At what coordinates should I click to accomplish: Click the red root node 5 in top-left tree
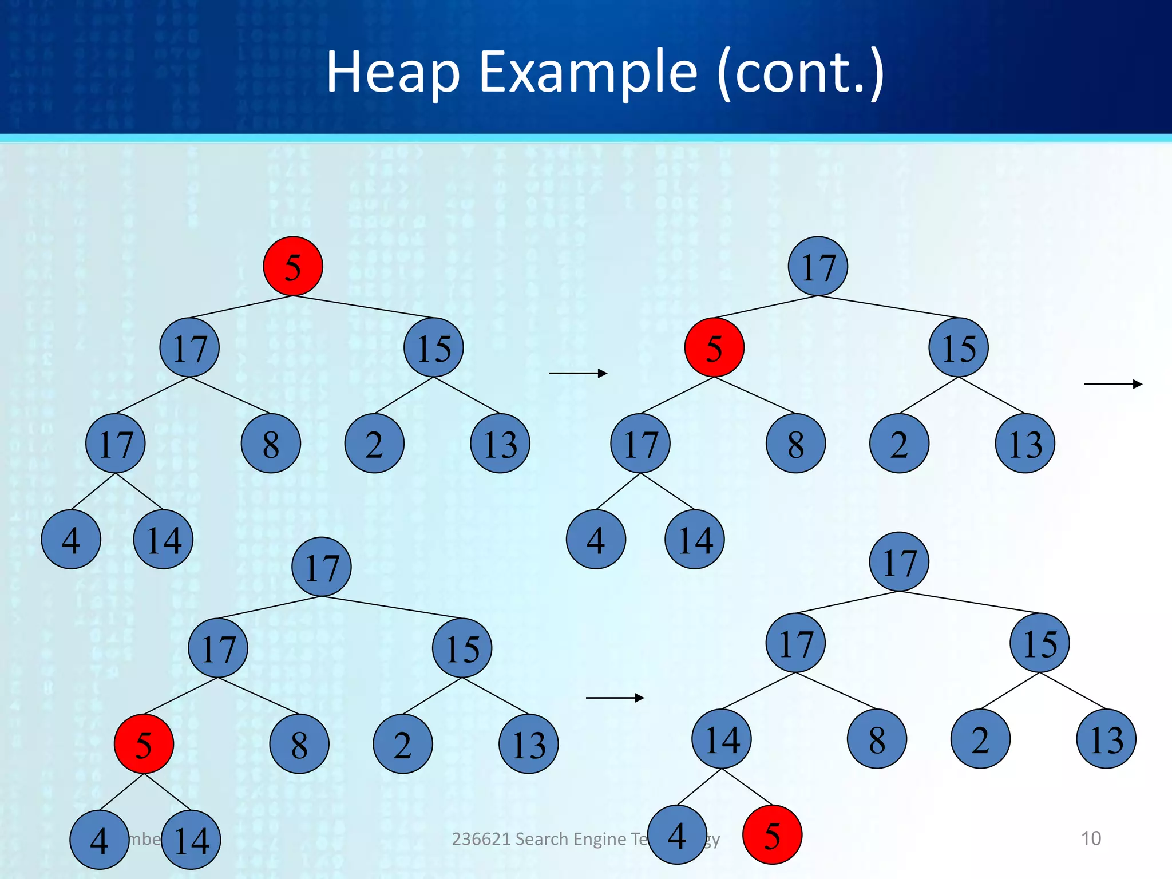tap(293, 267)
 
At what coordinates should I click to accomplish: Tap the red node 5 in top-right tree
tap(714, 348)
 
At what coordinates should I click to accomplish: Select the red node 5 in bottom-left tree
tap(144, 744)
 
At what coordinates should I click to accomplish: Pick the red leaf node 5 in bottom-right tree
tap(772, 835)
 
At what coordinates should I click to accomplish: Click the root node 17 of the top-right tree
tap(818, 267)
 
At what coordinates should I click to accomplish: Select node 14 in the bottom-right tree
tap(722, 739)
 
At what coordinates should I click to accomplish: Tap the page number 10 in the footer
tap(1091, 838)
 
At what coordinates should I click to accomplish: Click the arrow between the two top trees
tap(578, 374)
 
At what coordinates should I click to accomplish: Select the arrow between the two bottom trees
tap(615, 698)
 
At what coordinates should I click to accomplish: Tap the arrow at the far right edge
tap(1113, 385)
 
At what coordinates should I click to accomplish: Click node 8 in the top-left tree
tap(271, 444)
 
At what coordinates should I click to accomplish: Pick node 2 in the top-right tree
tap(899, 444)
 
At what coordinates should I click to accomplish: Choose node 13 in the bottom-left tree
tap(529, 744)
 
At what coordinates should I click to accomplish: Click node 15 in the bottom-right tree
tap(1040, 643)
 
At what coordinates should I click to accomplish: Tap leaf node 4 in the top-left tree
tap(71, 539)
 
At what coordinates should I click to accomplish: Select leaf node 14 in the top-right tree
tap(695, 539)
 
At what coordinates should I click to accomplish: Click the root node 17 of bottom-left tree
tap(322, 567)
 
